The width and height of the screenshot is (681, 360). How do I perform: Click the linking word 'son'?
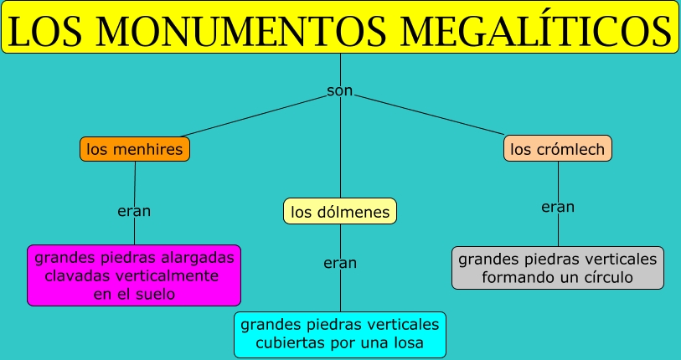pyautogui.click(x=340, y=90)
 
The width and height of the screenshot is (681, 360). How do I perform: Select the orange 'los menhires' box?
pyautogui.click(x=135, y=150)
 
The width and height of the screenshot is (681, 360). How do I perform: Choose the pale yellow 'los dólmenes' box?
pyautogui.click(x=340, y=212)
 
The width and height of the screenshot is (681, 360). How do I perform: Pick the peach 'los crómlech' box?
pyautogui.click(x=559, y=150)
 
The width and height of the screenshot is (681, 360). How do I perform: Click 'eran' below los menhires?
pyautogui.click(x=134, y=211)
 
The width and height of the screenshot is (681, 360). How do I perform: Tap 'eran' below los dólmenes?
pyautogui.click(x=340, y=263)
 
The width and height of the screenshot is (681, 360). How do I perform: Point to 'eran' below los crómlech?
pyautogui.click(x=558, y=207)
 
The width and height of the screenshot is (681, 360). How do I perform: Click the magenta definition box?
pyautogui.click(x=134, y=275)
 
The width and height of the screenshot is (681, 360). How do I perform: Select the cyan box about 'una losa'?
pyautogui.click(x=340, y=334)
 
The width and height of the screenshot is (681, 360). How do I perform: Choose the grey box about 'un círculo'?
pyautogui.click(x=558, y=268)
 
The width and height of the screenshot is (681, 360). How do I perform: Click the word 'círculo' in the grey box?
pyautogui.click(x=603, y=277)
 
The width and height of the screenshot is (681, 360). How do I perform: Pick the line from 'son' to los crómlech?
pyautogui.click(x=436, y=116)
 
